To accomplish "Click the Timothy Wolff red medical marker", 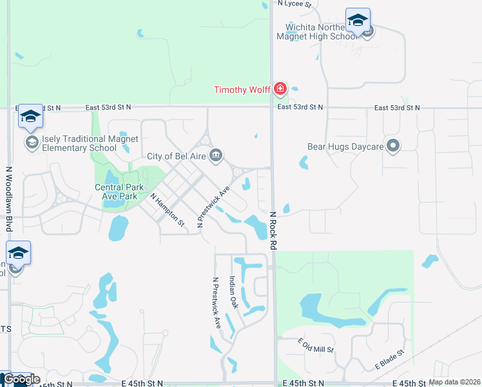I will click(280, 88).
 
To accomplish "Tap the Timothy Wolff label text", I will click(242, 90).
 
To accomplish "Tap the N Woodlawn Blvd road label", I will click(9, 199).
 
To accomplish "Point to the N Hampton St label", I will click(168, 210).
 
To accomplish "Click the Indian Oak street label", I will click(234, 292).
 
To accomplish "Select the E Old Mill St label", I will click(315, 346).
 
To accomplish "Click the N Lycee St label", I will click(294, 4).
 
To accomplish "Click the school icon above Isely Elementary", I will click(30, 116).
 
